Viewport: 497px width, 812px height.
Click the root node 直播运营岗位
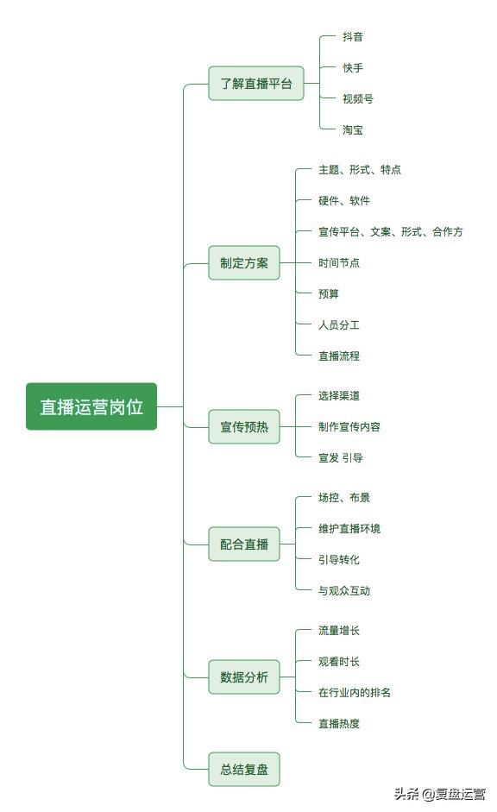(x=91, y=406)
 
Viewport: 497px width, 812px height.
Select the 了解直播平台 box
(x=255, y=83)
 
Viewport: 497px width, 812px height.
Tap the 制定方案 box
(x=244, y=262)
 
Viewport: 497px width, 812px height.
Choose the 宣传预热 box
(x=244, y=427)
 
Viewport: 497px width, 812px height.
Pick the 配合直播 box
(x=244, y=544)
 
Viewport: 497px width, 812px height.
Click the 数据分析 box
(x=244, y=677)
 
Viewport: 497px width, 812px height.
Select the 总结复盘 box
(x=244, y=769)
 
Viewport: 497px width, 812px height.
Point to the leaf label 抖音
(x=353, y=37)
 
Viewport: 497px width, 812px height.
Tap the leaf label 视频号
(x=358, y=98)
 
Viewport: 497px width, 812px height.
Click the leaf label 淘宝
(x=353, y=129)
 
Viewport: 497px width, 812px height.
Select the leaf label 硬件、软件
(x=344, y=200)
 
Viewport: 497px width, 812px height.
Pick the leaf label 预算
(x=329, y=293)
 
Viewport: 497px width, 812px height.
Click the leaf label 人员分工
(x=339, y=324)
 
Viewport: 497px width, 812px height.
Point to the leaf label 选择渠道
(x=339, y=395)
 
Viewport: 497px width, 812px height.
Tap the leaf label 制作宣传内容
(x=349, y=427)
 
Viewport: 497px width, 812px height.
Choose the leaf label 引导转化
(x=339, y=559)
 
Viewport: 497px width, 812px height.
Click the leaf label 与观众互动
(x=344, y=590)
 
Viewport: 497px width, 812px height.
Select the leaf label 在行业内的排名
(x=355, y=692)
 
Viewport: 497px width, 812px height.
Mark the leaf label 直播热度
(x=339, y=723)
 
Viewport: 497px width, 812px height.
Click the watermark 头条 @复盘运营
(x=440, y=794)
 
